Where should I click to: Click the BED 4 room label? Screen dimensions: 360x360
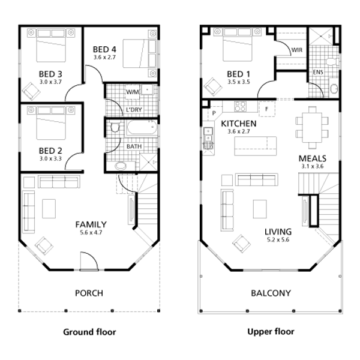click(x=104, y=49)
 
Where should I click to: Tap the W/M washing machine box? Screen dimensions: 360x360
click(x=133, y=92)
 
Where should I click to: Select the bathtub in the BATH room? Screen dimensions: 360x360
click(x=142, y=127)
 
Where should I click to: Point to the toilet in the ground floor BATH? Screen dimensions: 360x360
click(x=115, y=127)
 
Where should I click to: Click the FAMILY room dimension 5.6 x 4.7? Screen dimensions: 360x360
click(x=91, y=232)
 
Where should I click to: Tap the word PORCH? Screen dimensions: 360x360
click(x=89, y=293)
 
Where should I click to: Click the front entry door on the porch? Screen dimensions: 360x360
click(x=89, y=261)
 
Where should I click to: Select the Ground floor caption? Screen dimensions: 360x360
click(x=89, y=332)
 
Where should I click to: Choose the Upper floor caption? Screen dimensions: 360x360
click(x=271, y=332)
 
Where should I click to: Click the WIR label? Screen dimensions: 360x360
click(x=297, y=50)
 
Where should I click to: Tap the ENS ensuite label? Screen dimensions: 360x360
click(x=318, y=72)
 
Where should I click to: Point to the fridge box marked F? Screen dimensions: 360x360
click(x=267, y=109)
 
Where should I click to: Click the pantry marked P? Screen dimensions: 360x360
click(x=214, y=113)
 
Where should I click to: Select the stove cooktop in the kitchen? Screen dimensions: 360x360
click(x=240, y=107)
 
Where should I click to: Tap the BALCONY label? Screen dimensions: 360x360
click(x=271, y=293)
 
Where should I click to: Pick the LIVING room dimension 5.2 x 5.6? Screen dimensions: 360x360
click(x=278, y=240)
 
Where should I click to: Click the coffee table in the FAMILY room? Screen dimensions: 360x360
click(x=49, y=209)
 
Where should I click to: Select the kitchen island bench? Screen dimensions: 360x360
click(x=256, y=146)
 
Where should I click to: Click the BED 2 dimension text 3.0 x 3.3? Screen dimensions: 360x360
click(x=50, y=158)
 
